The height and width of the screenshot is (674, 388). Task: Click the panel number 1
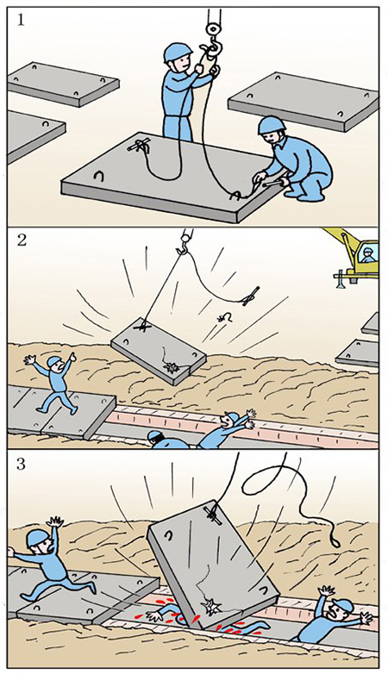tap(21, 20)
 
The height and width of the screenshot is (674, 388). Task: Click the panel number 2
tap(21, 240)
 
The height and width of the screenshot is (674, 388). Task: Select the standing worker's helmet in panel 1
tap(178, 53)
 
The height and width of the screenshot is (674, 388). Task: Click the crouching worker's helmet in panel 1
tap(272, 126)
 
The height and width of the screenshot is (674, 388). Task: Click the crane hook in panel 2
tap(184, 244)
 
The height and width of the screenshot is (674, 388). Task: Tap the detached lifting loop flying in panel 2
tap(225, 318)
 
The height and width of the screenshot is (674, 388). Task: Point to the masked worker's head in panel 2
tap(156, 439)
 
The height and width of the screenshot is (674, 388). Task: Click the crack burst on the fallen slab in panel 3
tap(210, 606)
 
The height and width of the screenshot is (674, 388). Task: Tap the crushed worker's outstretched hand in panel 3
tap(154, 616)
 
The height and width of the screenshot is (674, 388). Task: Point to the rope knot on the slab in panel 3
tap(214, 514)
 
